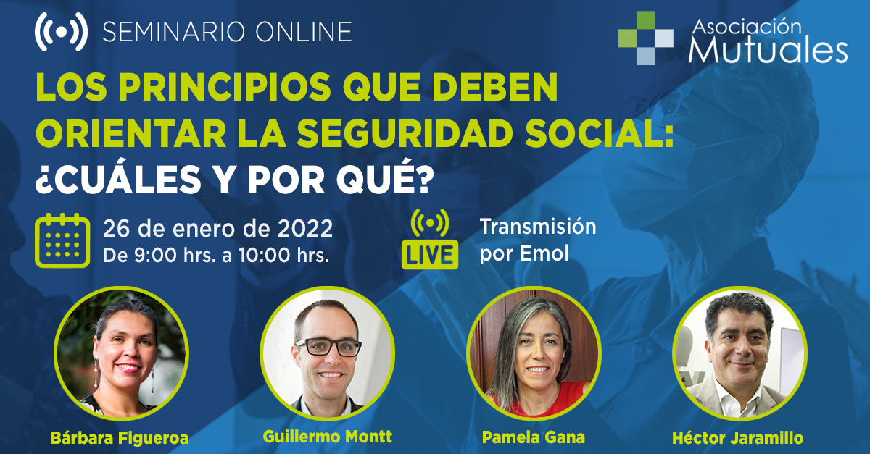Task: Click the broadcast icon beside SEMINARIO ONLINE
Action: click(61, 32)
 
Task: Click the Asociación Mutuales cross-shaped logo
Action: click(645, 38)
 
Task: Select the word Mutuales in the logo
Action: click(768, 50)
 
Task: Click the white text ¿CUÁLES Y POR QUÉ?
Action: click(234, 180)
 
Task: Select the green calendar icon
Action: click(62, 240)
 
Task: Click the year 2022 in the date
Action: click(305, 229)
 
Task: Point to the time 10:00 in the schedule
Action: click(264, 256)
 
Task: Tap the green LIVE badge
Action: click(430, 255)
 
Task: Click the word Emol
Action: click(544, 253)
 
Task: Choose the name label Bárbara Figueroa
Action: click(120, 437)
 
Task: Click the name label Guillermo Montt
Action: click(328, 437)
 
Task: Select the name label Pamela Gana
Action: click(534, 437)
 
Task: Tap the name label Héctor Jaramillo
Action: click(738, 437)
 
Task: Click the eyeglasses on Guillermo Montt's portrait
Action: click(328, 347)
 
